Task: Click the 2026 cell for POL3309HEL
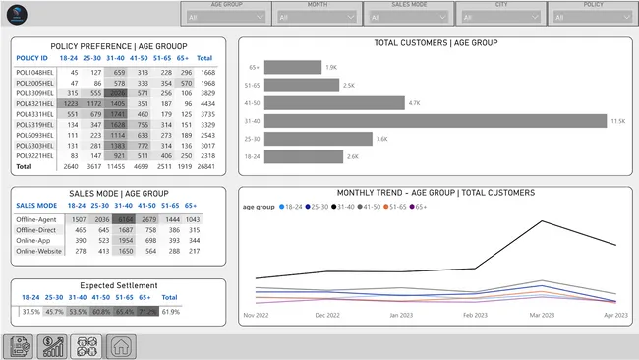pos(118,92)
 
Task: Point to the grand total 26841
pos(207,166)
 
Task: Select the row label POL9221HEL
pos(34,155)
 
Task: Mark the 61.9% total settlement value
pos(170,311)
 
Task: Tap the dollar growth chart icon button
pos(54,345)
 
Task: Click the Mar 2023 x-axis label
pos(542,316)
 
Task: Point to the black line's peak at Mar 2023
pos(543,221)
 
